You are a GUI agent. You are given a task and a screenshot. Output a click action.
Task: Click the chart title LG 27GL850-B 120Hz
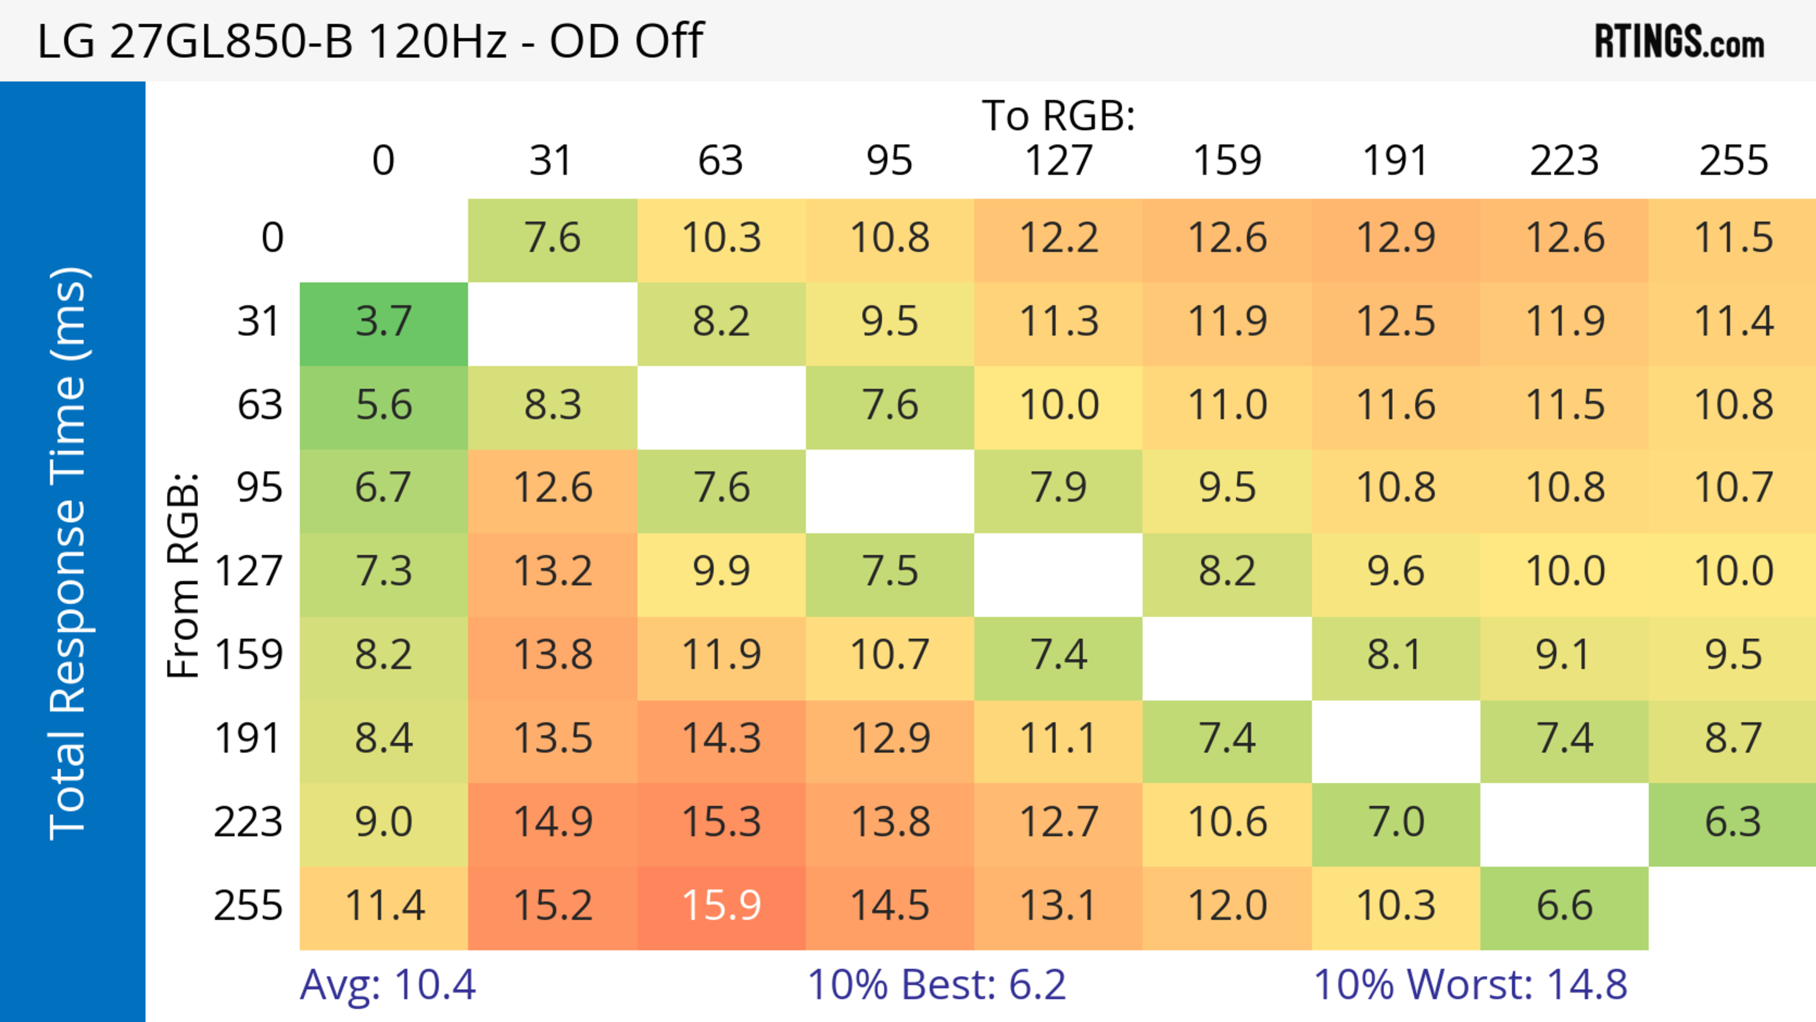(x=370, y=41)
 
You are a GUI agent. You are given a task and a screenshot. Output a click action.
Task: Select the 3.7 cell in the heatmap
(x=384, y=322)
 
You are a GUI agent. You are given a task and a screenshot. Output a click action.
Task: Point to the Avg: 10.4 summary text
(x=388, y=985)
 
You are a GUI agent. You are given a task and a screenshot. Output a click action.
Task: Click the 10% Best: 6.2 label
(x=936, y=985)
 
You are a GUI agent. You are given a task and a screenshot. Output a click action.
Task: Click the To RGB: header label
(x=1058, y=115)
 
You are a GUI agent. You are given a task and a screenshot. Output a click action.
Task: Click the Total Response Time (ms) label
(x=69, y=553)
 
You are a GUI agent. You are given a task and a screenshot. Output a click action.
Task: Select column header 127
(x=1058, y=161)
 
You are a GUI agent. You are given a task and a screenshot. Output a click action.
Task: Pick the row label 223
(x=248, y=822)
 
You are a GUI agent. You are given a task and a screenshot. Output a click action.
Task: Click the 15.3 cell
(x=721, y=822)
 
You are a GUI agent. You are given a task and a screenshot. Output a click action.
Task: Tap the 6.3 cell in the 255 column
(x=1733, y=822)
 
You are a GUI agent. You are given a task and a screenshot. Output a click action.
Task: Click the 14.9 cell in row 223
(x=553, y=822)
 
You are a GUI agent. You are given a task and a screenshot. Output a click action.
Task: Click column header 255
(x=1733, y=161)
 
